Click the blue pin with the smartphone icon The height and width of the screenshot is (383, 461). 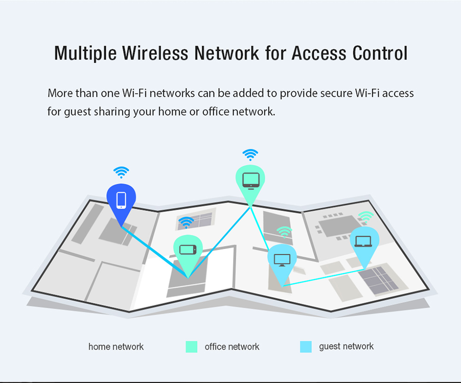point(121,203)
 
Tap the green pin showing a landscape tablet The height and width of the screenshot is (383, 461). point(188,253)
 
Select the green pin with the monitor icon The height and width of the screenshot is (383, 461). point(250,183)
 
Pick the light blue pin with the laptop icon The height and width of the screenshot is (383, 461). point(364,244)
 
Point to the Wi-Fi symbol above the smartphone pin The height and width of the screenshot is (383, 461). point(121,172)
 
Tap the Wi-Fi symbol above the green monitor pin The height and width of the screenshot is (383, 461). point(250,155)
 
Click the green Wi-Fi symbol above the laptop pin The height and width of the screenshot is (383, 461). point(366,217)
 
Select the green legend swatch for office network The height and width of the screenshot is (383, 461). point(191,347)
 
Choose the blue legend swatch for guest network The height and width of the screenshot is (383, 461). point(306,347)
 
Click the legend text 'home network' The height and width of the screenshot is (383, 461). point(116,347)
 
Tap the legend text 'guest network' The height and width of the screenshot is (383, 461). point(346,347)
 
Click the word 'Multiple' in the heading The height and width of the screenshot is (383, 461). point(85,54)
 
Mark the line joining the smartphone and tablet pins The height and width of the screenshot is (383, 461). point(155,252)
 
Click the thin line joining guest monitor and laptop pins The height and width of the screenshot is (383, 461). point(324,277)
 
